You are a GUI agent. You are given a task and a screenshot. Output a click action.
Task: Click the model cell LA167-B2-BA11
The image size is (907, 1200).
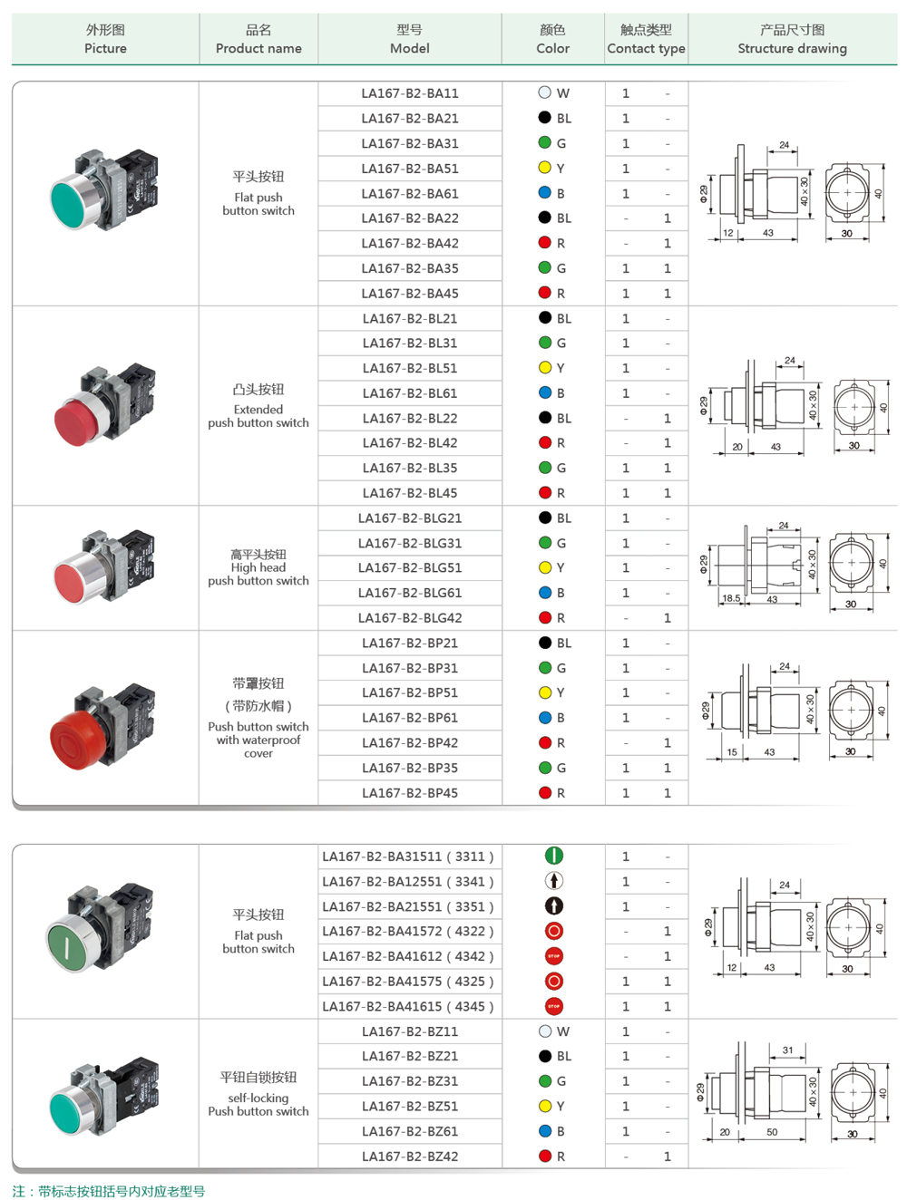tap(410, 93)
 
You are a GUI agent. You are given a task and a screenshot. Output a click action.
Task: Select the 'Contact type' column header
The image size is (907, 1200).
tap(646, 40)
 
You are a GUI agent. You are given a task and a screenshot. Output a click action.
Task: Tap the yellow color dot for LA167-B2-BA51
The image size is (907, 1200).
tap(544, 168)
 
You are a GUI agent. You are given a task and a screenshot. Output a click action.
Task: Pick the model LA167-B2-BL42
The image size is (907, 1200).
tap(410, 443)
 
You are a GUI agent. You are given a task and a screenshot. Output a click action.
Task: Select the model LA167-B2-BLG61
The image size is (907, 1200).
tap(410, 593)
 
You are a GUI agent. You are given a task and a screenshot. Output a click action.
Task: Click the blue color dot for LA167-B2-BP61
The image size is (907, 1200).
tap(544, 718)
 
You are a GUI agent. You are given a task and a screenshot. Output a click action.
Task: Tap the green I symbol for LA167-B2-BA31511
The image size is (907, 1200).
tap(553, 856)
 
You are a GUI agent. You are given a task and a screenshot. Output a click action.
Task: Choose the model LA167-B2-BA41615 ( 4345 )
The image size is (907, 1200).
tap(408, 1006)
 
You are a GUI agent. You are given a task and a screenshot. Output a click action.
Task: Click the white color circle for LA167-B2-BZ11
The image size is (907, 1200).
tap(544, 1031)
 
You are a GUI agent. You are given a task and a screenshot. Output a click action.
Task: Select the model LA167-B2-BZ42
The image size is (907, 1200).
tap(410, 1156)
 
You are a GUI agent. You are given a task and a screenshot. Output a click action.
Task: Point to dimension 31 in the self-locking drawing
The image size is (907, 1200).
tap(787, 1050)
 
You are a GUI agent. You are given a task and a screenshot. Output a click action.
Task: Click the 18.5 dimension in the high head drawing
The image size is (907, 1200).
tap(731, 598)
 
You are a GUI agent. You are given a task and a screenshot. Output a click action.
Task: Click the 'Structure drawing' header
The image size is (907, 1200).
tap(792, 40)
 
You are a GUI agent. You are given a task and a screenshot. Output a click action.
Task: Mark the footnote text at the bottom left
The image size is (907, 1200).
tap(109, 1191)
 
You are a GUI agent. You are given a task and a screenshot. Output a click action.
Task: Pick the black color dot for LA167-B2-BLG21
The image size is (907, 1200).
tap(544, 518)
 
